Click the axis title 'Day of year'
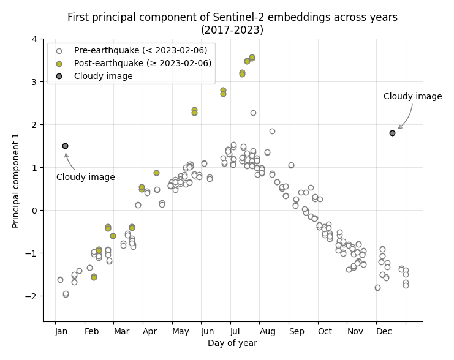(x=232, y=343)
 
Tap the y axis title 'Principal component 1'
(x=17, y=180)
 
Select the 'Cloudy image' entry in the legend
(x=103, y=76)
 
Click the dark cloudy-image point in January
(x=65, y=146)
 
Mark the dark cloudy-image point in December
(x=392, y=133)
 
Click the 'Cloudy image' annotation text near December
(x=412, y=97)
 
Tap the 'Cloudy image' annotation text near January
(x=85, y=178)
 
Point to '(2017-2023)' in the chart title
(x=232, y=29)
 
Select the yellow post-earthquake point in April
(x=156, y=173)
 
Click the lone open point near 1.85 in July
(x=272, y=131)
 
